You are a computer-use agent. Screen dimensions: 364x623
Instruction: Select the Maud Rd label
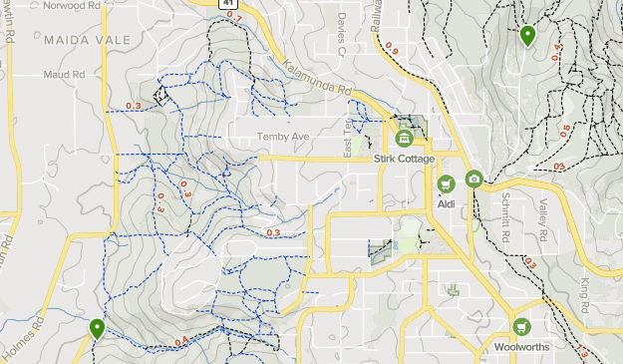click(63, 75)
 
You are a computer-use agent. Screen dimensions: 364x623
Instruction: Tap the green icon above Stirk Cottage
click(404, 139)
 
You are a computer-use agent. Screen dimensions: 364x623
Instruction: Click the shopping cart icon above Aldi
click(446, 183)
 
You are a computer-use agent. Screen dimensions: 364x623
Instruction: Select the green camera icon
click(473, 180)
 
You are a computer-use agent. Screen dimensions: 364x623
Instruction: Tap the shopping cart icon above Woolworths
click(520, 327)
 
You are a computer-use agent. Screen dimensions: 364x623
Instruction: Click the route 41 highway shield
click(228, 4)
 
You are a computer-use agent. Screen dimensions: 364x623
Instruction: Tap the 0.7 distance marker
click(234, 16)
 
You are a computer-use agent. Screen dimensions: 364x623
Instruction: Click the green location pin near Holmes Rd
click(97, 327)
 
